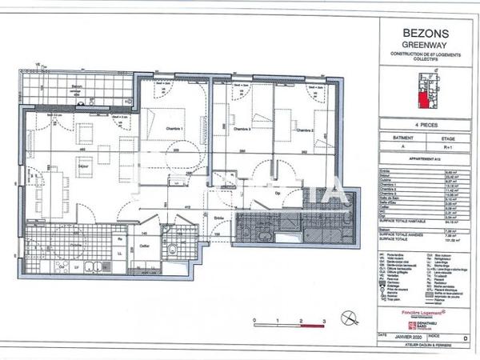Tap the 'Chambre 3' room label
(x=242, y=129)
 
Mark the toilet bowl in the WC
(x=173, y=250)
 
